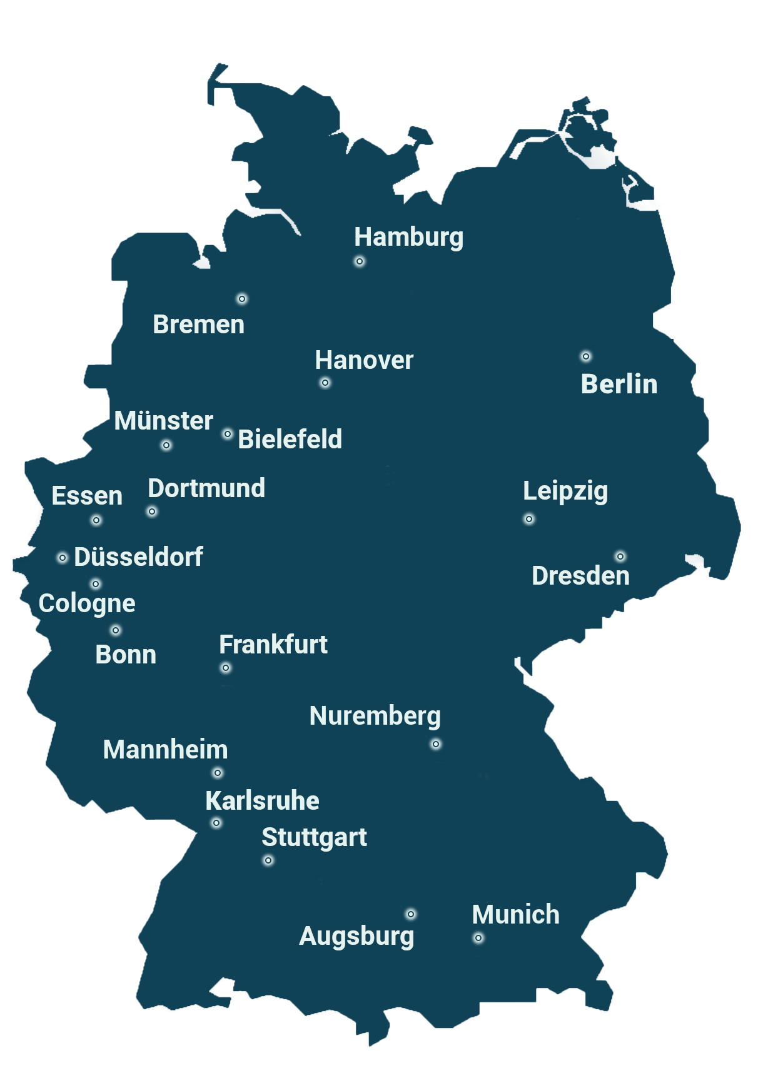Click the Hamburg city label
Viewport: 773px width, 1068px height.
(408, 238)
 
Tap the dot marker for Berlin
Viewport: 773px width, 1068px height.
(586, 356)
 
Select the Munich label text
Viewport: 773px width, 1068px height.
(515, 915)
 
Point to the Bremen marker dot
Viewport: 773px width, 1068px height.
(242, 299)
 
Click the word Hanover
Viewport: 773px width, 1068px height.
(364, 360)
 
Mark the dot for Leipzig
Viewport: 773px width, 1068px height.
(529, 519)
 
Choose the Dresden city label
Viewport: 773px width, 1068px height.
(580, 576)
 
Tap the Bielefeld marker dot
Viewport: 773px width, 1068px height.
(228, 434)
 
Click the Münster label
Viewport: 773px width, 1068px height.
(163, 421)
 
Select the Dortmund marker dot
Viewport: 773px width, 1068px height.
(152, 511)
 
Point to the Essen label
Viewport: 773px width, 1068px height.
(87, 496)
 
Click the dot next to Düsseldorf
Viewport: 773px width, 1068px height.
(63, 558)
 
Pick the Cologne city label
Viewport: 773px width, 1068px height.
(87, 603)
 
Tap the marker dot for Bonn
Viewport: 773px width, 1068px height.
(116, 630)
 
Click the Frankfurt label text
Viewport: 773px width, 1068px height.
(273, 645)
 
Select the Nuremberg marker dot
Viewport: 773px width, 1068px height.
(436, 744)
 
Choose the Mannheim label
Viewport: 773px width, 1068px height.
(165, 750)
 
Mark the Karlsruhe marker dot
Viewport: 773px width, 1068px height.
(216, 823)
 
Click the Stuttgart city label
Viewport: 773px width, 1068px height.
(314, 837)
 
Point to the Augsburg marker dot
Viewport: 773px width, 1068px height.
(411, 914)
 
